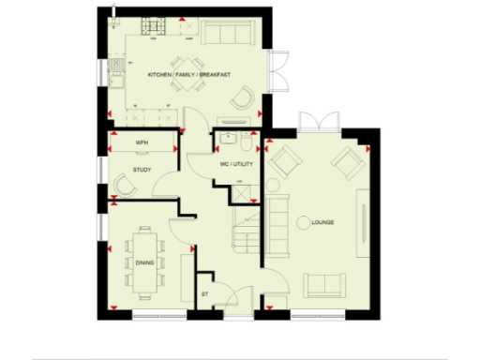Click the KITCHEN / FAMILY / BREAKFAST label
pyautogui.click(x=188, y=73)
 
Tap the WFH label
pyautogui.click(x=142, y=142)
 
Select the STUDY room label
pyautogui.click(x=142, y=170)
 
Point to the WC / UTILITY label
pyautogui.click(x=236, y=165)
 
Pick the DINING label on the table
pyautogui.click(x=144, y=262)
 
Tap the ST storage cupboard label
pyautogui.click(x=204, y=295)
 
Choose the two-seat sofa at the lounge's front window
pyautogui.click(x=323, y=283)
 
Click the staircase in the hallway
pyautogui.click(x=246, y=229)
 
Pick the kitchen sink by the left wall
pyautogui.click(x=117, y=71)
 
